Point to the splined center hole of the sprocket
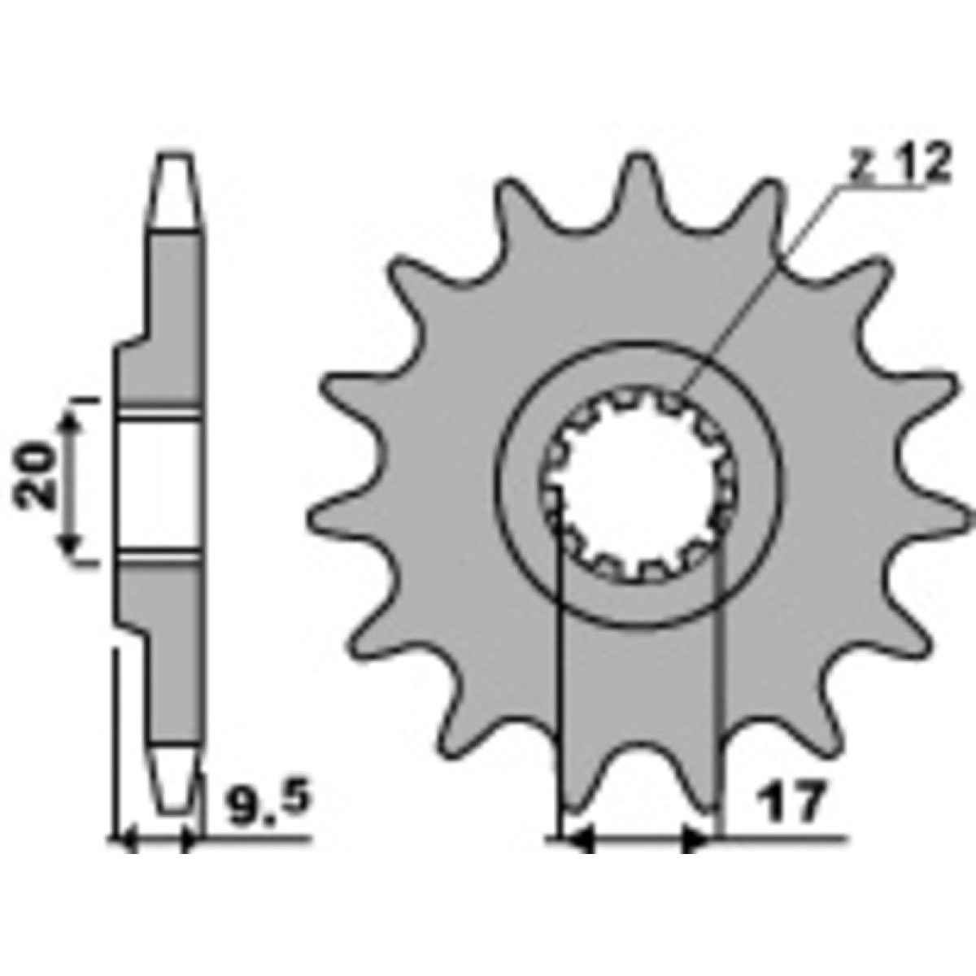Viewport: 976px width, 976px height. (638, 489)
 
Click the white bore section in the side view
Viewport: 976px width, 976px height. (159, 487)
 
